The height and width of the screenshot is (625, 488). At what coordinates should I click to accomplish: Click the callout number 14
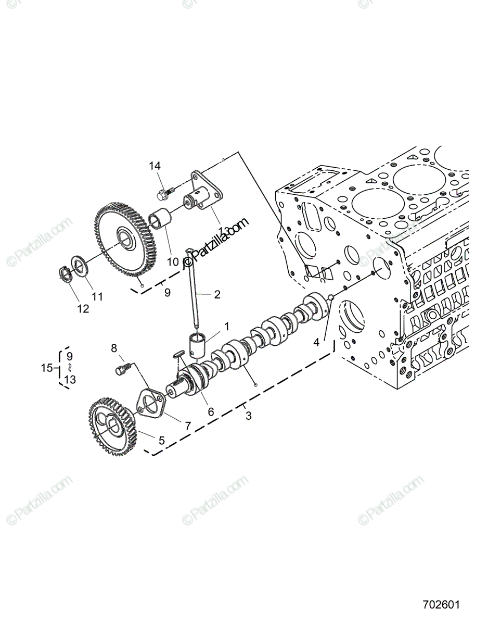[155, 166]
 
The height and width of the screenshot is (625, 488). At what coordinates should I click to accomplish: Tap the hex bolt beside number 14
[162, 195]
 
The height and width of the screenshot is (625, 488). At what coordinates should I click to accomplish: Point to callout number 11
[97, 297]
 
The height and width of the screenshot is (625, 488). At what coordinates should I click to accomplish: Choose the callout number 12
[83, 309]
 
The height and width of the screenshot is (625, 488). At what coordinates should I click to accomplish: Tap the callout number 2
[217, 295]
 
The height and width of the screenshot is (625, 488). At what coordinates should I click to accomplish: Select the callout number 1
[226, 327]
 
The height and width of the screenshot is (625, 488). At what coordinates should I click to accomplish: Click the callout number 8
[114, 348]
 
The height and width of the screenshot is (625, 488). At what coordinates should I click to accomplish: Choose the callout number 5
[161, 440]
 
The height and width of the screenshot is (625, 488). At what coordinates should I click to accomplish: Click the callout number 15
[47, 368]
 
